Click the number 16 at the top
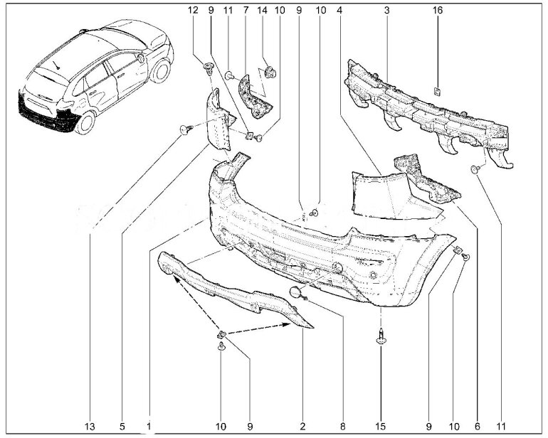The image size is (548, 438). [x=438, y=11]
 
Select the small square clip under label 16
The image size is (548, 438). [x=437, y=92]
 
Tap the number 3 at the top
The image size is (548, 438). [x=386, y=11]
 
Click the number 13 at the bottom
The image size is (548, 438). [x=90, y=426]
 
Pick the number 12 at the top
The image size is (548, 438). [x=193, y=11]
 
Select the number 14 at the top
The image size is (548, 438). [x=262, y=11]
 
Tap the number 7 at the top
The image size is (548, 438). [x=246, y=11]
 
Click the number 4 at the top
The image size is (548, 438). [x=339, y=11]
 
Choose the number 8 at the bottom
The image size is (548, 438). [x=342, y=426]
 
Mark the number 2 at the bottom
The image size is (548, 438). [x=302, y=426]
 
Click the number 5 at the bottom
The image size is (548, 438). [x=122, y=426]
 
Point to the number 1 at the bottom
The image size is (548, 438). [x=149, y=426]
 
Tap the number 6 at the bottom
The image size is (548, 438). [x=478, y=426]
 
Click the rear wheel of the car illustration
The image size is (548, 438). [x=85, y=122]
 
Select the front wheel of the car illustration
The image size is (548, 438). [x=160, y=71]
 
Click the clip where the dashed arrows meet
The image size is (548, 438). [x=221, y=335]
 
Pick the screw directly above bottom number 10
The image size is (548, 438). [x=221, y=347]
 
